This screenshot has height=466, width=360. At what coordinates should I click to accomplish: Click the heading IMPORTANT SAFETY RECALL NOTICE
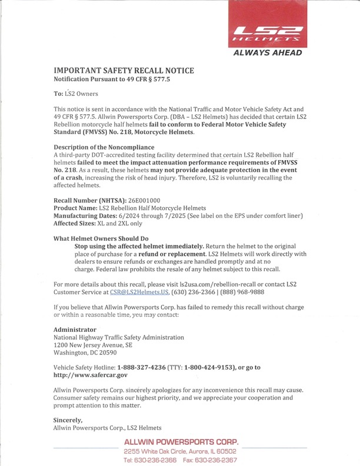[124, 71]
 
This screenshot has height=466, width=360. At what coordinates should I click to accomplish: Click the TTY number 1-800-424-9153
[210, 367]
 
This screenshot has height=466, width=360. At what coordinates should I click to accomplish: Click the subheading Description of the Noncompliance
[104, 147]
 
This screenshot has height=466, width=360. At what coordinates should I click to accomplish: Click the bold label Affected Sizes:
[79, 224]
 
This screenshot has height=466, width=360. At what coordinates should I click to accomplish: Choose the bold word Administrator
[75, 329]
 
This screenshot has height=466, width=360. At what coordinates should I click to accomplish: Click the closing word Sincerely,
[68, 420]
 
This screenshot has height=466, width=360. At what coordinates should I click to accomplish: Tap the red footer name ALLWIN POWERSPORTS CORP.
[181, 442]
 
